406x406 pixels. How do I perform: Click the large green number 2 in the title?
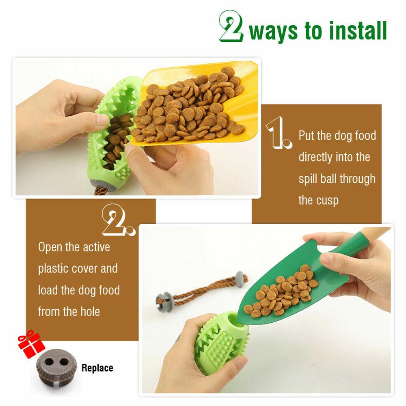pyautogui.click(x=231, y=26)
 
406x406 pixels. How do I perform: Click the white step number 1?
pyautogui.click(x=279, y=133)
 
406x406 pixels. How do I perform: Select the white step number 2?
pyautogui.click(x=118, y=220)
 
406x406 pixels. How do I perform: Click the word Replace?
pyautogui.click(x=97, y=368)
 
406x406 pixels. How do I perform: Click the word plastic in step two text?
pyautogui.click(x=54, y=268)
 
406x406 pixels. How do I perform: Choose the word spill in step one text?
pyautogui.click(x=308, y=179)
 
